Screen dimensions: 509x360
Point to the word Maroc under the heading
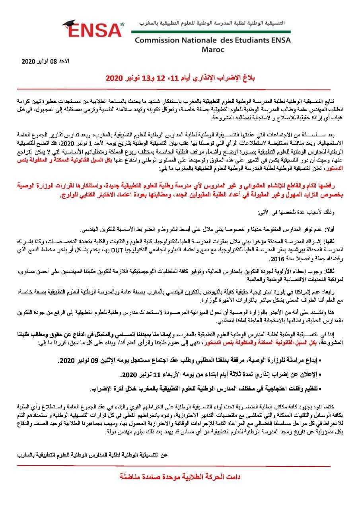pyautogui.click(x=213, y=50)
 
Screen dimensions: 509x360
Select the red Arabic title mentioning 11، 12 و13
pyautogui.click(x=180, y=78)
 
